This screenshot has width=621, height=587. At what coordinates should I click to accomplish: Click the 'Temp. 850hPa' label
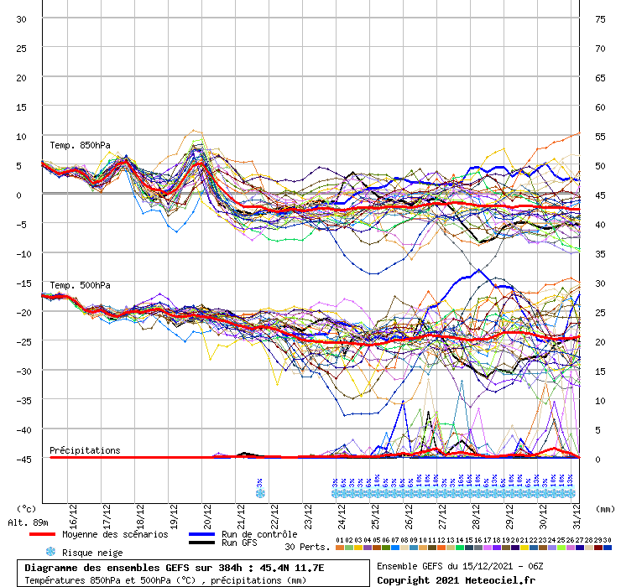pyautogui.click(x=80, y=146)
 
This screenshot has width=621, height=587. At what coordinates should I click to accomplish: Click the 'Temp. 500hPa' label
pyautogui.click(x=80, y=286)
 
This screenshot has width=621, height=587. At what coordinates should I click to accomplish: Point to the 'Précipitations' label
pyautogui.click(x=85, y=450)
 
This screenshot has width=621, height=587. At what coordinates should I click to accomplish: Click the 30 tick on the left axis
pyautogui.click(x=22, y=18)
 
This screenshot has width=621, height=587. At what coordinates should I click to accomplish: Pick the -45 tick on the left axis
pyautogui.click(x=20, y=459)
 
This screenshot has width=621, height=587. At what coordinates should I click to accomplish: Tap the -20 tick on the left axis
pyautogui.click(x=20, y=312)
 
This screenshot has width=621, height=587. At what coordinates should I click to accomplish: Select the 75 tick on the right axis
pyautogui.click(x=600, y=18)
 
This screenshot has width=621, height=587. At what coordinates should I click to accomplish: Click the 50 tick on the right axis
pyautogui.click(x=600, y=165)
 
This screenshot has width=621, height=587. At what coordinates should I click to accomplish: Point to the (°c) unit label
pyautogui.click(x=26, y=508)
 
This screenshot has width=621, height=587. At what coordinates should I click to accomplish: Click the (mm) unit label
pyautogui.click(x=605, y=508)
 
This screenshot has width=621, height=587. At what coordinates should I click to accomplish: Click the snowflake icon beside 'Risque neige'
pyautogui.click(x=50, y=552)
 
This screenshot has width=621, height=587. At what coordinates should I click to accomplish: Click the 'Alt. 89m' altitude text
pyautogui.click(x=27, y=522)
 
